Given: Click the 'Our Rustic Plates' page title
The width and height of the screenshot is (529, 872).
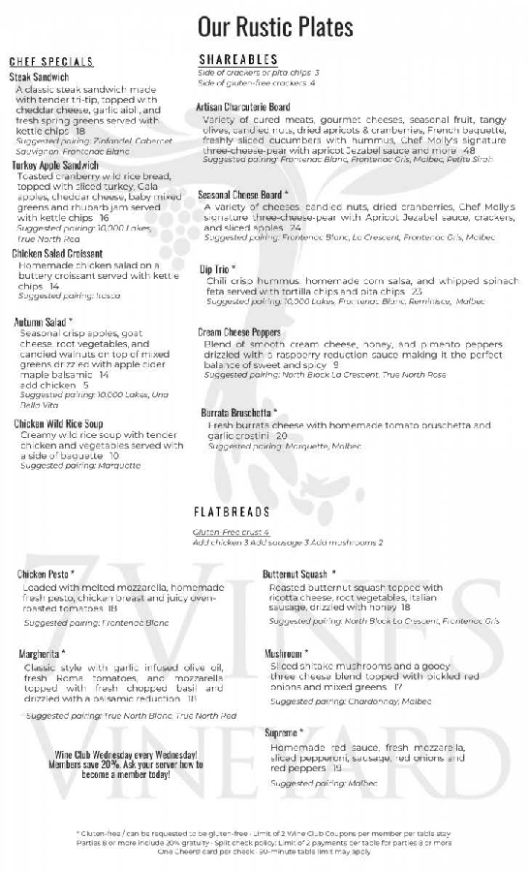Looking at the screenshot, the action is pyautogui.click(x=274, y=25).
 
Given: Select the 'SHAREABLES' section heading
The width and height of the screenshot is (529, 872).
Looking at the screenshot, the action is pyautogui.click(x=237, y=59).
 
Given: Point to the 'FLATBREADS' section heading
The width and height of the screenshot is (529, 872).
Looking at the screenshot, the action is pyautogui.click(x=232, y=511).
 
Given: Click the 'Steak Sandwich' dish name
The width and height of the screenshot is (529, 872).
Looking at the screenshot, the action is pyautogui.click(x=40, y=77).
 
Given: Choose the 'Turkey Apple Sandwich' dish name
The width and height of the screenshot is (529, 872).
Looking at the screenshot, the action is pyautogui.click(x=56, y=166).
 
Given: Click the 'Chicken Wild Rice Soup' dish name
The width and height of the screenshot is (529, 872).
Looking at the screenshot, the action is pyautogui.click(x=58, y=423).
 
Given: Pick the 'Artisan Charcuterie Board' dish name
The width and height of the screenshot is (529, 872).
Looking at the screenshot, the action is pyautogui.click(x=243, y=107).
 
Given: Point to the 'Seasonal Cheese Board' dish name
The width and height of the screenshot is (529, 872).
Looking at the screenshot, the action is pyautogui.click(x=240, y=195).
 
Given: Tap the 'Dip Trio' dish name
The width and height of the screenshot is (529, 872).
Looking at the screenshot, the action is pyautogui.click(x=217, y=268).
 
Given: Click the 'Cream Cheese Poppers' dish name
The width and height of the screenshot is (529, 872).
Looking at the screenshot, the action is pyautogui.click(x=239, y=332).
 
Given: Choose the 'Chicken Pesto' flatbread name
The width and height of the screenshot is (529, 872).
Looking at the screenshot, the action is pyautogui.click(x=46, y=575).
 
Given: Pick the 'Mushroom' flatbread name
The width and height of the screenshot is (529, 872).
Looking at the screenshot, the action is pyautogui.click(x=287, y=654).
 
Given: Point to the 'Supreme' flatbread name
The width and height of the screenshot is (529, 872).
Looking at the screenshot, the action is pyautogui.click(x=284, y=733).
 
